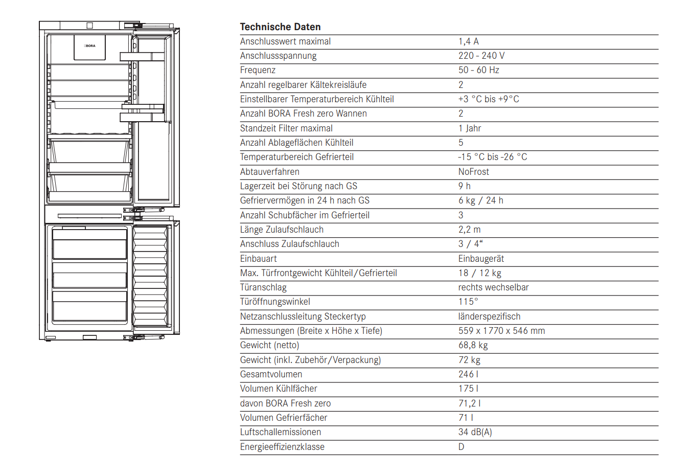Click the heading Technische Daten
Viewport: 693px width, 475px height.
coord(280,27)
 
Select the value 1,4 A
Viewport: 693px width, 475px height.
coord(468,41)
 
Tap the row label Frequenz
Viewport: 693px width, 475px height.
coord(258,70)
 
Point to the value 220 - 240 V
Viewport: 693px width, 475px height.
coord(481,56)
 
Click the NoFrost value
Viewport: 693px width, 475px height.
coord(473,172)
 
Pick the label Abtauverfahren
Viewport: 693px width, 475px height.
coord(269,172)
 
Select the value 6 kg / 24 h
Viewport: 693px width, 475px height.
coord(480,200)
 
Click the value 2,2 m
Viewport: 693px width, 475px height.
coord(469,230)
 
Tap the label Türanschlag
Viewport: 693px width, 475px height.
coord(263,287)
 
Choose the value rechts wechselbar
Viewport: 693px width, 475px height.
coord(493,287)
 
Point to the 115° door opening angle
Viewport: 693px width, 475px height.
coord(468,302)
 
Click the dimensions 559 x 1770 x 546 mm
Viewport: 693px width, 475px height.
coord(501,331)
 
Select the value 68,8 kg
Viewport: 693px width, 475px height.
coord(473,345)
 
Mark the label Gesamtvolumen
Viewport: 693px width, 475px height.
coord(271,374)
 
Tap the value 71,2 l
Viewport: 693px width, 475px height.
coord(469,403)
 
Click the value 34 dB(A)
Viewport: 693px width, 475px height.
coord(475,432)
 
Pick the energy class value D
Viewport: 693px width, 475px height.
coord(461,447)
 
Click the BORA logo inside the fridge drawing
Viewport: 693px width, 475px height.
coord(90,46)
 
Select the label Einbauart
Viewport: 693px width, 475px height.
coord(258,259)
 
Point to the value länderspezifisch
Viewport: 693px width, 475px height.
coord(489,316)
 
